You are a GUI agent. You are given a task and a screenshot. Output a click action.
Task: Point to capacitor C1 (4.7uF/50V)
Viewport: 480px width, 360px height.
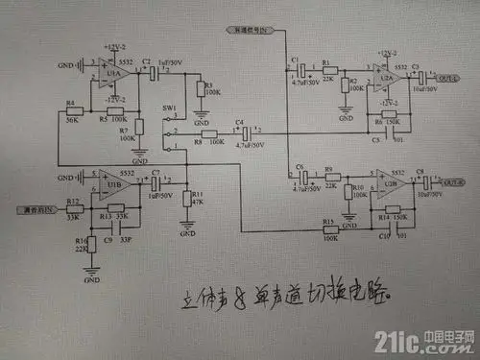click(x=302, y=70)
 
